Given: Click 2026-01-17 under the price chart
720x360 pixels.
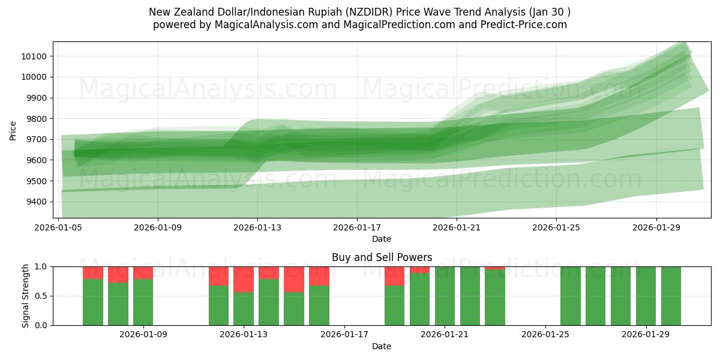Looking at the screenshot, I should (357, 227).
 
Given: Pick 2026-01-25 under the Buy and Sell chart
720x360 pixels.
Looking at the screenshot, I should (545, 334).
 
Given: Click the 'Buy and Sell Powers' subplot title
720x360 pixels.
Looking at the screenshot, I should (382, 257).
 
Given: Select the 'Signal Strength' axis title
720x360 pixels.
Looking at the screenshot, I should (25, 296).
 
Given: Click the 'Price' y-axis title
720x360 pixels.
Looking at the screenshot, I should (13, 130).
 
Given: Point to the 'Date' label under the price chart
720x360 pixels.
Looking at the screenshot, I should (382, 239).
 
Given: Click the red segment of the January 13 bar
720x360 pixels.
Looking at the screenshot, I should (244, 279).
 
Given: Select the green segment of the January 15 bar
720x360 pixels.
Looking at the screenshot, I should (294, 308).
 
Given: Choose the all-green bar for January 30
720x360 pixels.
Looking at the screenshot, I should (671, 296).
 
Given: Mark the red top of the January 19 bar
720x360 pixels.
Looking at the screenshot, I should (394, 276).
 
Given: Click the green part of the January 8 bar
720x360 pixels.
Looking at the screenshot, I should (118, 304).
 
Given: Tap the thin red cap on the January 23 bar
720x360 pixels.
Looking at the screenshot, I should (495, 268).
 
